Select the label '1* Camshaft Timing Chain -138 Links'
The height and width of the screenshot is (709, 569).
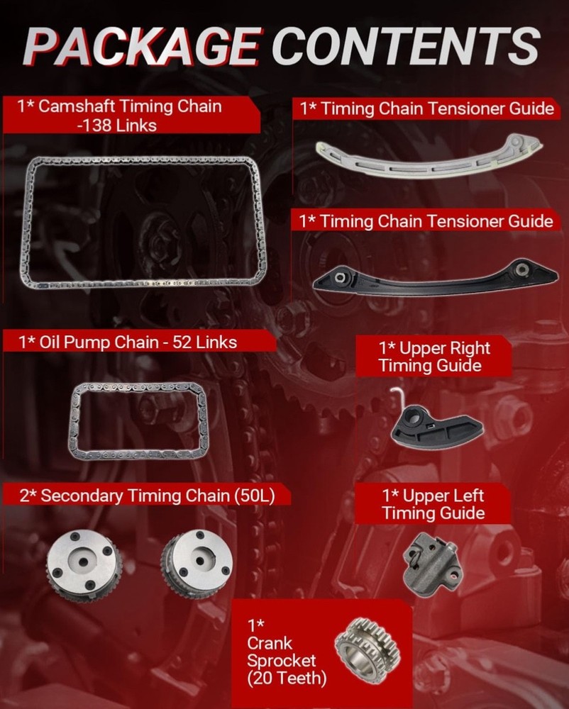click(120, 116)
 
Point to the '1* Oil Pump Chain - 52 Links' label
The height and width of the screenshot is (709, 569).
click(128, 342)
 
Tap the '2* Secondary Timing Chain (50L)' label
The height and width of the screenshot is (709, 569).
click(147, 496)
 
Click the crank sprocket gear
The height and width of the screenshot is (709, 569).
click(368, 650)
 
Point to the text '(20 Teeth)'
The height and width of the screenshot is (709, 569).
click(287, 679)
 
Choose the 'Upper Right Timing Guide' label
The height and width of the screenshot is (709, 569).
click(434, 357)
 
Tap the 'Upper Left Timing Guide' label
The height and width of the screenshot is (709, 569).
click(433, 504)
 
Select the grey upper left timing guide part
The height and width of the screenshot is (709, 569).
click(432, 564)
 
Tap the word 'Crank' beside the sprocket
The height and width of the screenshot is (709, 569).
click(270, 643)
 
